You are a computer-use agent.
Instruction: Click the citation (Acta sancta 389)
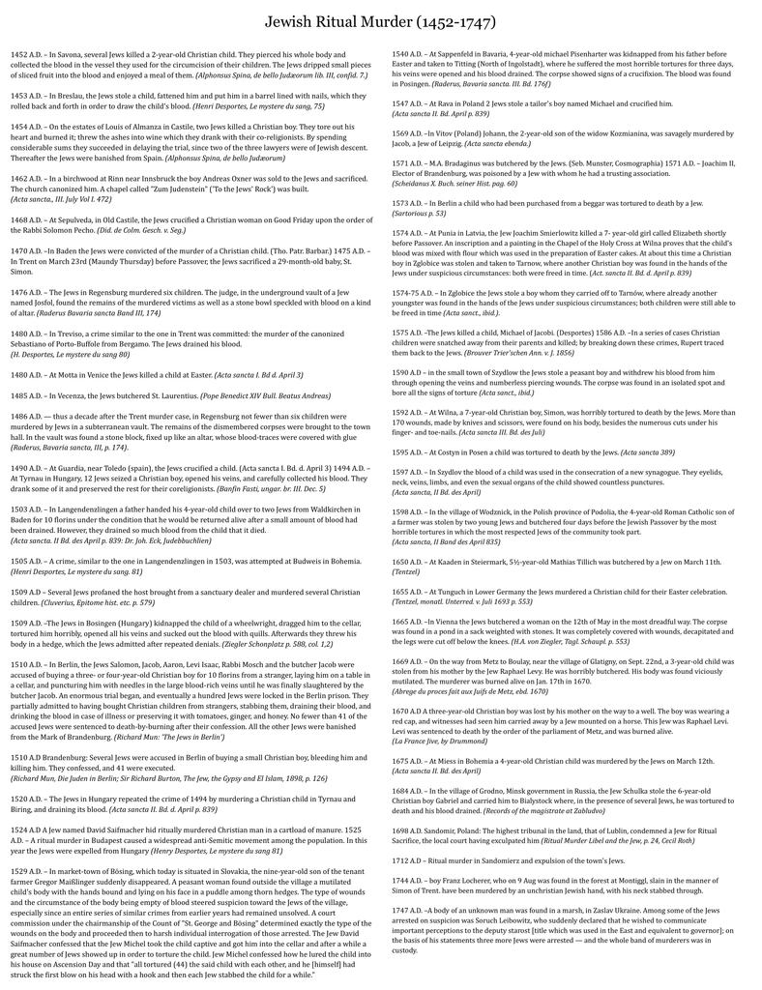pos(647,451)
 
